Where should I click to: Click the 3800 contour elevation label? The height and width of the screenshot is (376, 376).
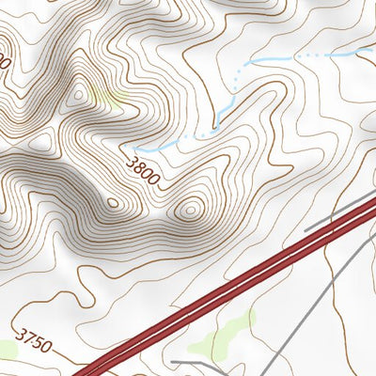pyautogui.click(x=141, y=169)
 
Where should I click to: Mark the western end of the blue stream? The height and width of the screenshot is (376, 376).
pyautogui.click(x=134, y=149)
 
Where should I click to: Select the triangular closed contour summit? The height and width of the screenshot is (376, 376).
pyautogui.click(x=78, y=94)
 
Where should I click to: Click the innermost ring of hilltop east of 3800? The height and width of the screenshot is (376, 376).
pyautogui.click(x=190, y=210)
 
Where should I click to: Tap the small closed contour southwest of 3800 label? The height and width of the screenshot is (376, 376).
pyautogui.click(x=113, y=201)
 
